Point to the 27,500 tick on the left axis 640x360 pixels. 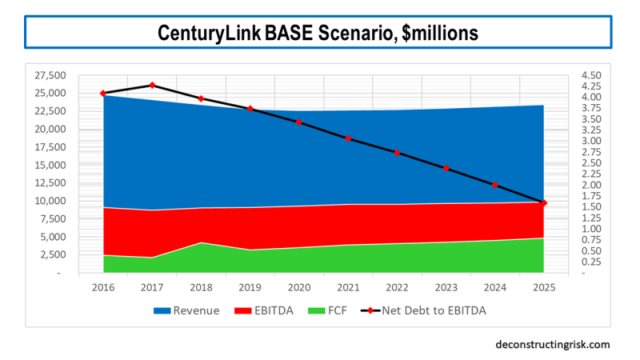[x=51, y=75]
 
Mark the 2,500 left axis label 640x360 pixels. [x=54, y=255]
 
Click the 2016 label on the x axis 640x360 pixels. [x=103, y=286]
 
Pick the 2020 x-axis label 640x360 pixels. [x=299, y=286]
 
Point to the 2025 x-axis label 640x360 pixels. [x=544, y=286]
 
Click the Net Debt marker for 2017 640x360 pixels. [x=152, y=85]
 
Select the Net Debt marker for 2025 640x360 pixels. [x=544, y=203]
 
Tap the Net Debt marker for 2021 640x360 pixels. [x=348, y=138]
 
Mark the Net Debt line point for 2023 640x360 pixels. [x=446, y=169]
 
